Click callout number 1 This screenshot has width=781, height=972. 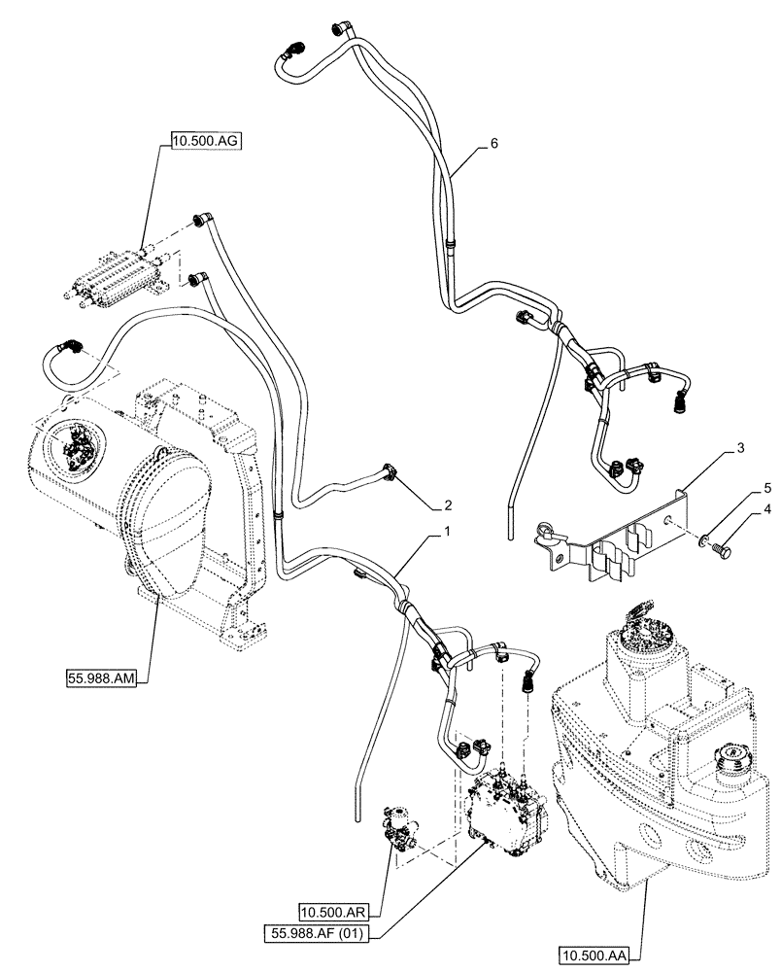pos(446,533)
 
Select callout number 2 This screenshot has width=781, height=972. pos(448,504)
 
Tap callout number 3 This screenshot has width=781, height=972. pos(740,447)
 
